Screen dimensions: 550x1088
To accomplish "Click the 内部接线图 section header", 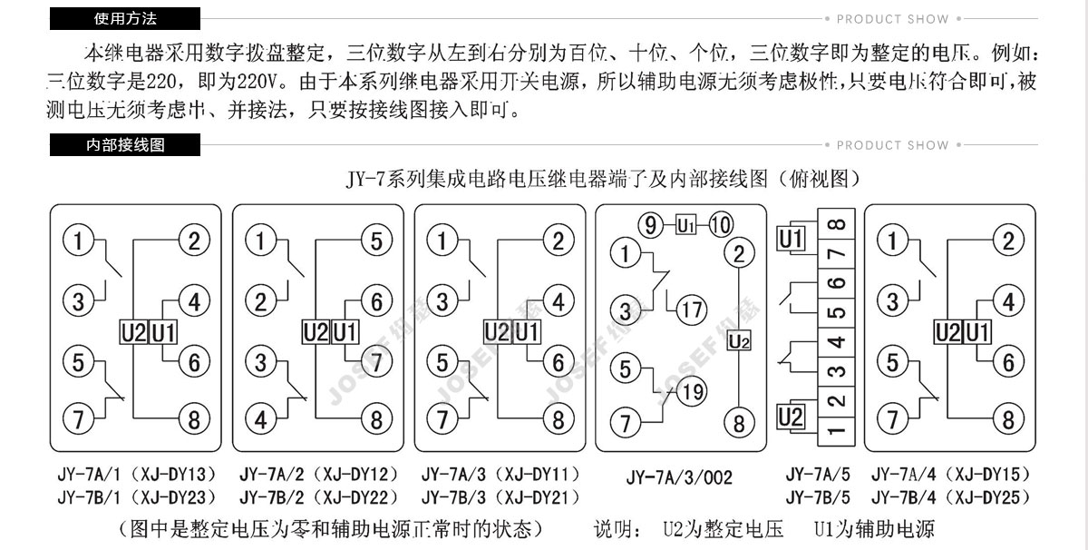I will coord(124,145).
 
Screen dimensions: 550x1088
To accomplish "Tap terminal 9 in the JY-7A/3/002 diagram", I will coord(650,224).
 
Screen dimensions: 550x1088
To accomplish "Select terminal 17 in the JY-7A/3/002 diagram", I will coord(691,309).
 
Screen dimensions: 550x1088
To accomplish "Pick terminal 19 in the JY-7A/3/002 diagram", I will coord(691,392).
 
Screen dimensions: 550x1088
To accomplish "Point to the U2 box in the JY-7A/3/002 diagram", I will coord(740,342).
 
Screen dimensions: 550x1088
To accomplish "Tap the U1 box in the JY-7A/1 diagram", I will coord(163,332).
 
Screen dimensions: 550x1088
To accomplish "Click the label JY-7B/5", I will coord(818,497).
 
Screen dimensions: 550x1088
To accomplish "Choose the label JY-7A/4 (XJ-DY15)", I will coord(951,474).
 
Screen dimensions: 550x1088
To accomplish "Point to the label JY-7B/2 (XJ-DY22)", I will coord(319,497).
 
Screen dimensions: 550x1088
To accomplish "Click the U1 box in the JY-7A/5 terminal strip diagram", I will coord(792,240).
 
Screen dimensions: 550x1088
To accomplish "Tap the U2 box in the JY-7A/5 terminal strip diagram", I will coord(792,418).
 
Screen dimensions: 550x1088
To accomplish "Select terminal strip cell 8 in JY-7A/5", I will coord(839,223).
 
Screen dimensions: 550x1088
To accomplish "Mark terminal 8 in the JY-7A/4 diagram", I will coord(1007,419).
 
